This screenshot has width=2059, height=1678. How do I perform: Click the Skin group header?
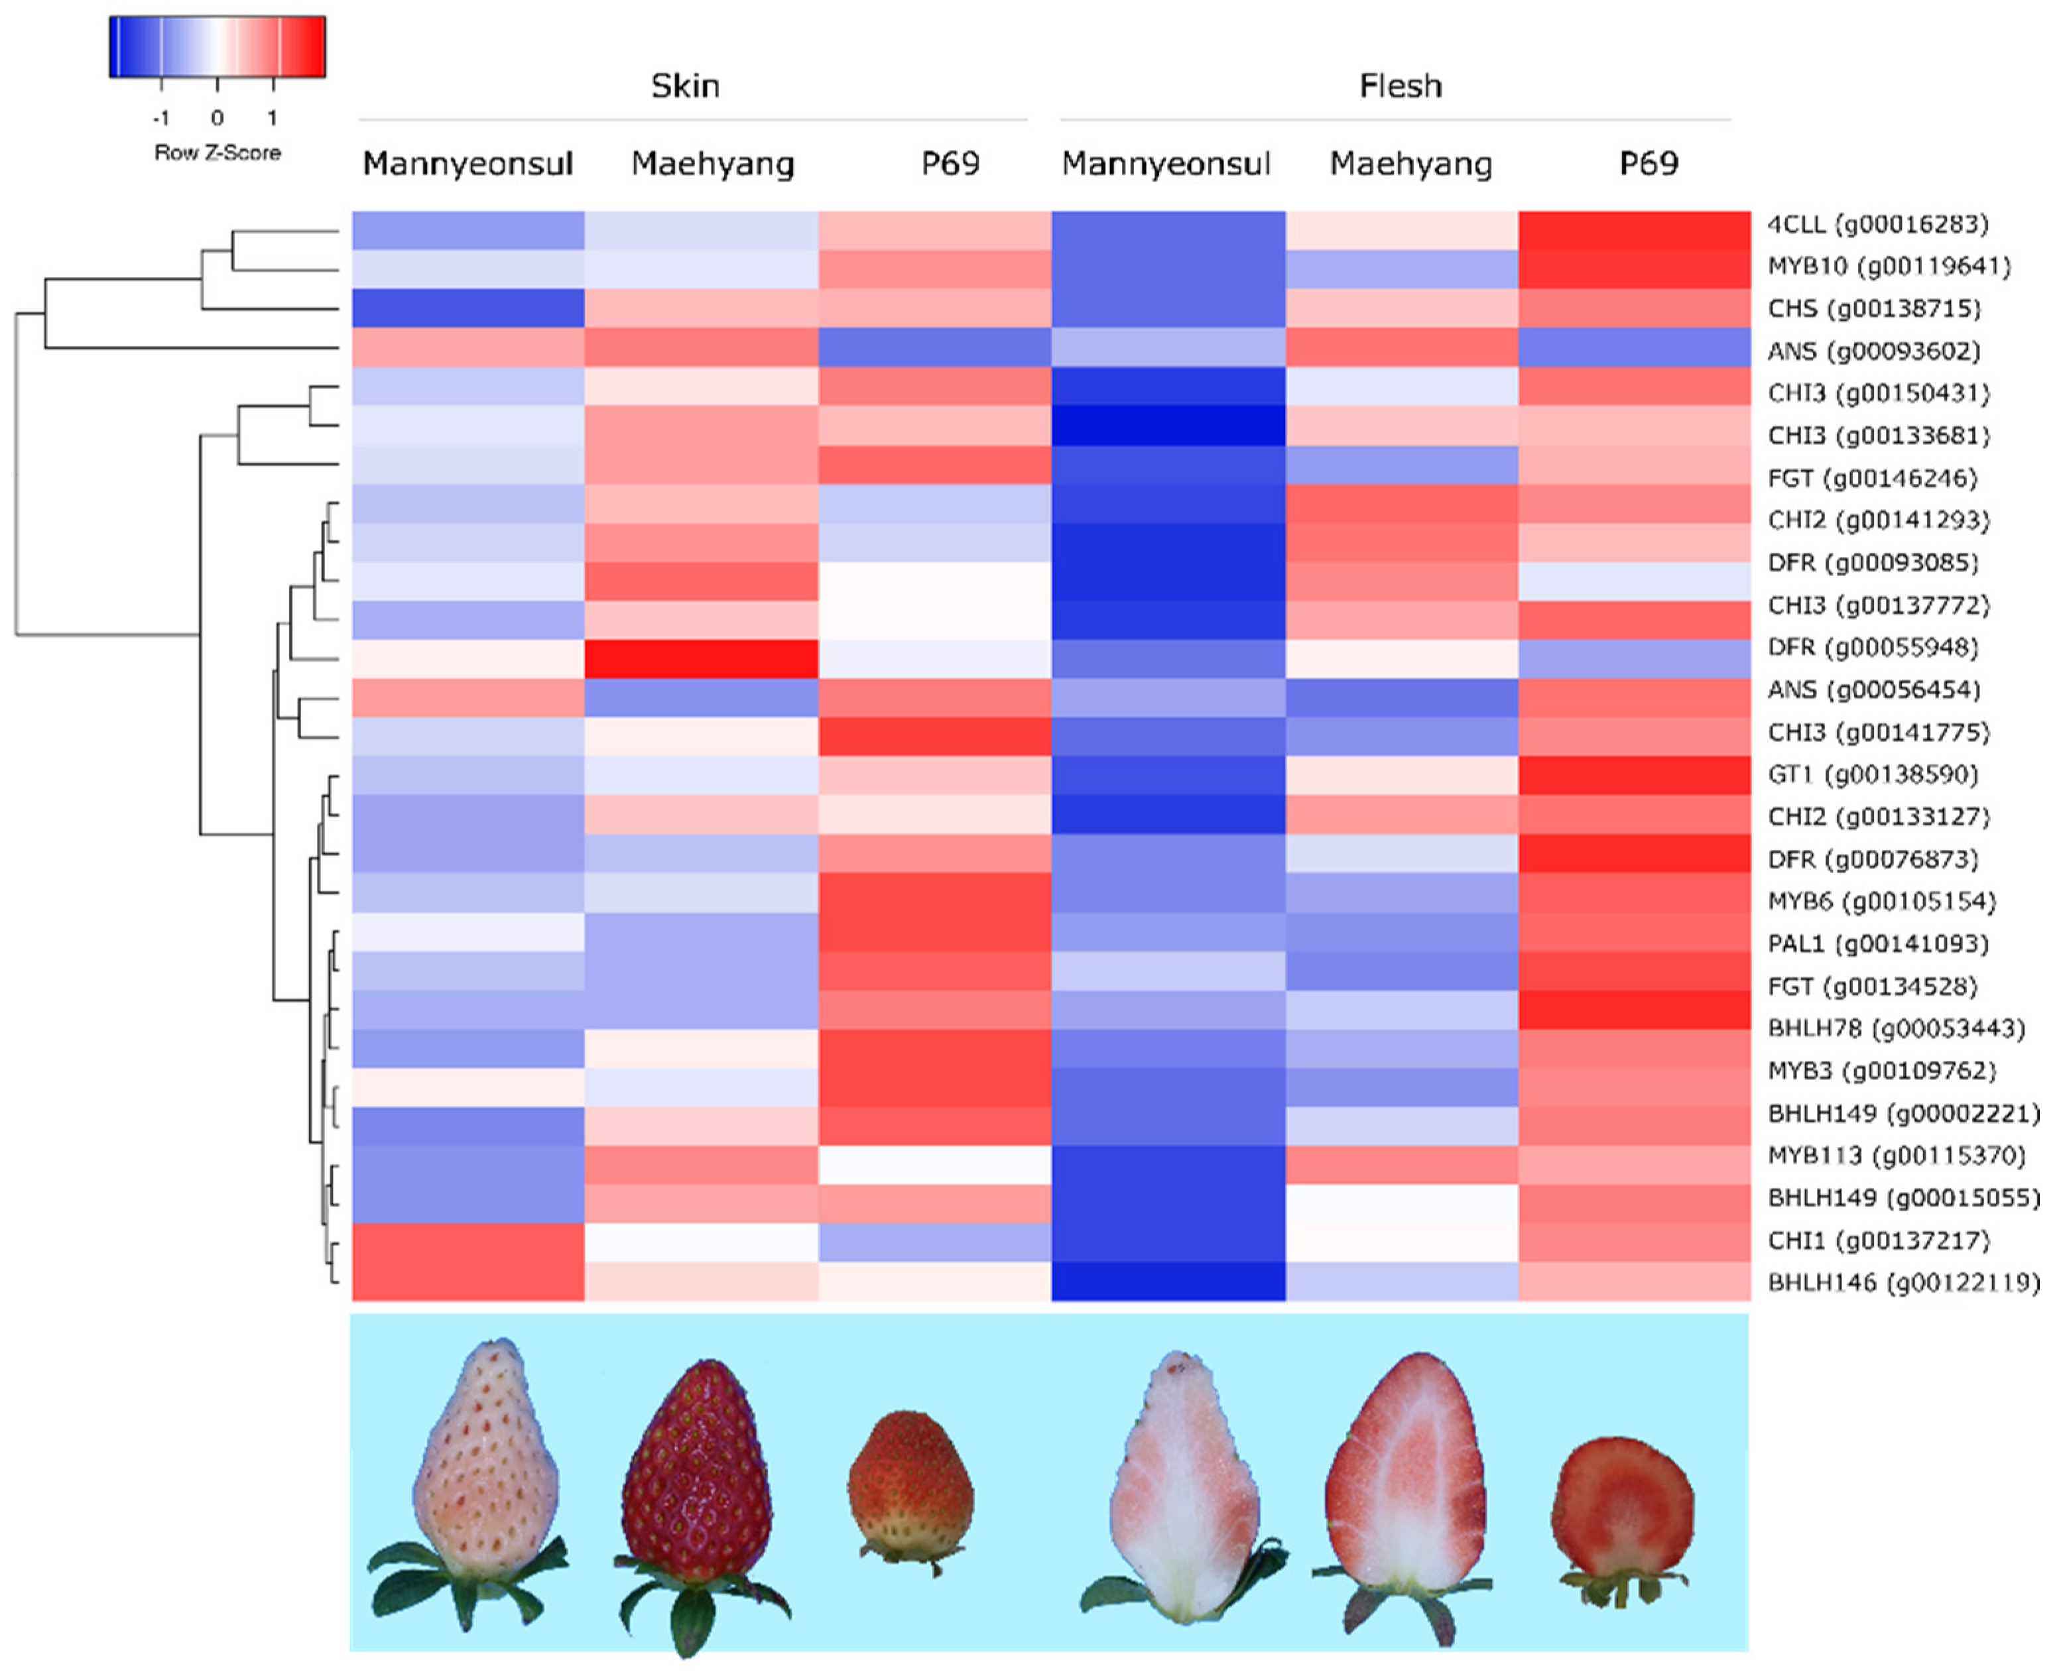[684, 86]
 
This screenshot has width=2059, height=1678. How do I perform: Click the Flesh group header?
[1400, 86]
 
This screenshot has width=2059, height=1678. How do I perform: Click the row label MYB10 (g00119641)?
[1889, 266]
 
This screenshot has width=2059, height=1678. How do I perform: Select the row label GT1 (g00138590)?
[1873, 774]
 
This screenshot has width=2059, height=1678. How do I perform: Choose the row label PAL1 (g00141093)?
[1878, 943]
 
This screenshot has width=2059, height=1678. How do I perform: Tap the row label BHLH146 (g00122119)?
[1903, 1283]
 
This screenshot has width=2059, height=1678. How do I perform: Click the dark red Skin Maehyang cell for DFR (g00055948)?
[702, 659]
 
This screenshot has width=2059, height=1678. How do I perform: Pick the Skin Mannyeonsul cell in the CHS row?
[468, 308]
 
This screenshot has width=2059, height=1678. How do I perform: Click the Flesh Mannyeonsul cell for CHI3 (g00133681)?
[1168, 425]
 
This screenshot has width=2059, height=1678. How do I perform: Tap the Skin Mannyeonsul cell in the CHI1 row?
[468, 1241]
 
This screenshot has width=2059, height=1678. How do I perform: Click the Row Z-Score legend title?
[218, 152]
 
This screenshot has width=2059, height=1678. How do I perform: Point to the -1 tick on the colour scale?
[161, 118]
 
